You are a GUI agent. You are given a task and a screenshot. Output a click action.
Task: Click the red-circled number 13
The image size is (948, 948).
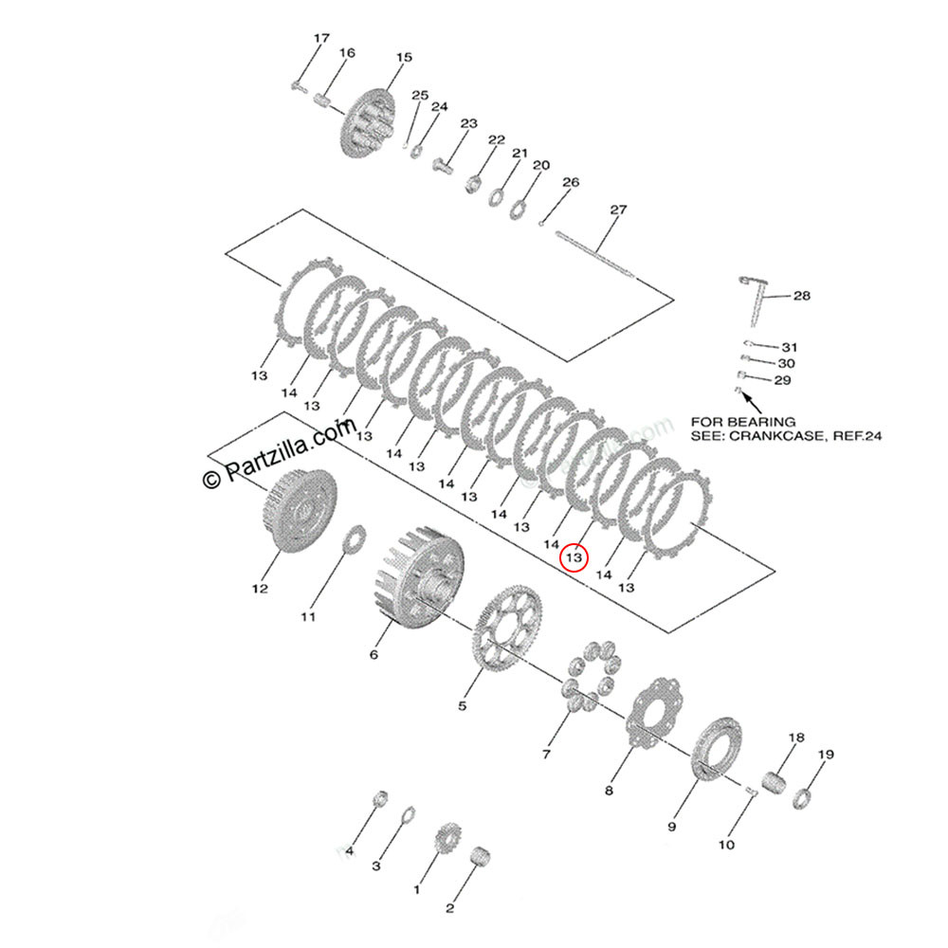[x=574, y=557]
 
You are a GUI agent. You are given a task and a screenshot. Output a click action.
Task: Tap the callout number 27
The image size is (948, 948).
[x=618, y=210]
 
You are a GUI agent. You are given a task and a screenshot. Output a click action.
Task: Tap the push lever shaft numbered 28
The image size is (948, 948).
[x=756, y=303]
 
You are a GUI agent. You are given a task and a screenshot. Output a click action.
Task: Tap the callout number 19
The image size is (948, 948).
[x=826, y=755]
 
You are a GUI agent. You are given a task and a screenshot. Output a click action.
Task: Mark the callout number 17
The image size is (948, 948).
[x=321, y=38]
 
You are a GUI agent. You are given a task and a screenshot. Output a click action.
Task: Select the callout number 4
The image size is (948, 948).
[x=349, y=851]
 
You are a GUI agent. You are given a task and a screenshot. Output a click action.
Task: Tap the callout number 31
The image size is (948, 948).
[x=790, y=347]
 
